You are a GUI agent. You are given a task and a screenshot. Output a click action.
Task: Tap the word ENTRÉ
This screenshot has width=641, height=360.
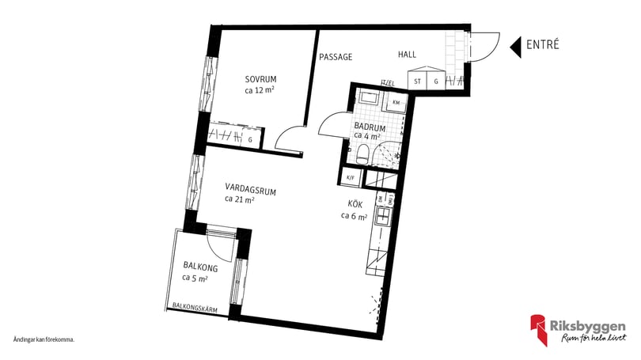tap(543, 45)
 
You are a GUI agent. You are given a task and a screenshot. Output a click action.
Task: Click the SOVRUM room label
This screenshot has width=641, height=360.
tap(260, 79)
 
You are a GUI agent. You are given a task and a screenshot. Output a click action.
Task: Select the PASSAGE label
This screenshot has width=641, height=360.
tap(335, 57)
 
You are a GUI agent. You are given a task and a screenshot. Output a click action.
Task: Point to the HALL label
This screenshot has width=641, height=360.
tap(407, 55)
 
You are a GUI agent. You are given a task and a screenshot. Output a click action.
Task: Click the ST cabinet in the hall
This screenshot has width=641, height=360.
tap(416, 81)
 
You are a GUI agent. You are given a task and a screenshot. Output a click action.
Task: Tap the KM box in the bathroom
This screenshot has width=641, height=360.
tap(395, 103)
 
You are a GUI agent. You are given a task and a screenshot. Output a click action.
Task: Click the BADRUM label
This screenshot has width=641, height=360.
tap(370, 127)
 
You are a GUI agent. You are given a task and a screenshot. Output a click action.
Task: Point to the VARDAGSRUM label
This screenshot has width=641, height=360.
tap(250, 188)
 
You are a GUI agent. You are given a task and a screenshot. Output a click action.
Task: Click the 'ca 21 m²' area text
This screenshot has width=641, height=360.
tap(239, 199)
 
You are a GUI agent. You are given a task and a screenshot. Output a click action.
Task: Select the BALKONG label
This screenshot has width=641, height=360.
tap(199, 267)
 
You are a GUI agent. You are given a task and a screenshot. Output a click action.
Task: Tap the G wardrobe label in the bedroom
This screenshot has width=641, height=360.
tap(250, 140)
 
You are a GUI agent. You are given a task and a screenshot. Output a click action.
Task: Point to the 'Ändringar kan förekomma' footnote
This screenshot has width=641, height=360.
tap(44, 339)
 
